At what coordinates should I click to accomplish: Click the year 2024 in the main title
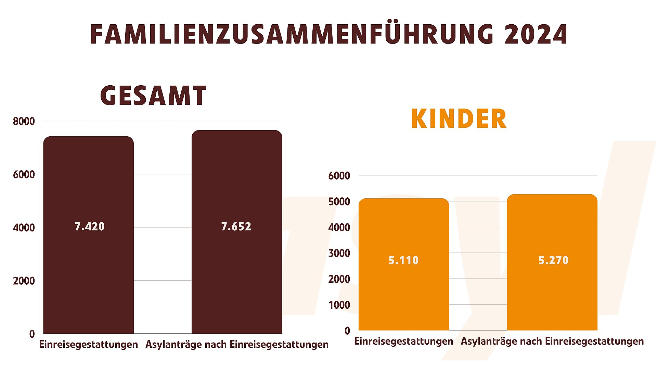[x=536, y=35]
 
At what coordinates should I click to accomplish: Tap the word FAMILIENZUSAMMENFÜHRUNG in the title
[x=292, y=35]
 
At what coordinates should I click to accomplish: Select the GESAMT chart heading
[x=153, y=96]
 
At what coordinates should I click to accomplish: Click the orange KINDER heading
[x=459, y=119]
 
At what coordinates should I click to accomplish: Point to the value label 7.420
[x=90, y=226]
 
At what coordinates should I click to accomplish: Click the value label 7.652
[x=236, y=226]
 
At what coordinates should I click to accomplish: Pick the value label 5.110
[x=403, y=260]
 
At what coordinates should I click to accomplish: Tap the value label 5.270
[x=553, y=260]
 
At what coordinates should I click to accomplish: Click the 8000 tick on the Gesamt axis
[x=24, y=121]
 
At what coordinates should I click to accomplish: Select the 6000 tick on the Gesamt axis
[x=24, y=175]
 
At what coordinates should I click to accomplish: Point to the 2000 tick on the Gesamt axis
[x=24, y=281]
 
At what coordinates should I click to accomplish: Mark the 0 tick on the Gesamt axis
[x=32, y=334]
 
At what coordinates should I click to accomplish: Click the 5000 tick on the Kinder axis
[x=339, y=201]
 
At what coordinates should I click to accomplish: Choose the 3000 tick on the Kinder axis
[x=339, y=253]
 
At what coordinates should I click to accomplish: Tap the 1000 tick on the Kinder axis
[x=339, y=305]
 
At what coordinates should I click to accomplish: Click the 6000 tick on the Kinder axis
[x=339, y=176]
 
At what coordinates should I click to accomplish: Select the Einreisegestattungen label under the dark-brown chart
[x=88, y=344]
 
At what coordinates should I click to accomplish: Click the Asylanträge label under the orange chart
[x=552, y=341]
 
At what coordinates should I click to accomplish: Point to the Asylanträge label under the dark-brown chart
[x=237, y=344]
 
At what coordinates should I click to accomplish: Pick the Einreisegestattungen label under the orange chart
[x=403, y=341]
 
